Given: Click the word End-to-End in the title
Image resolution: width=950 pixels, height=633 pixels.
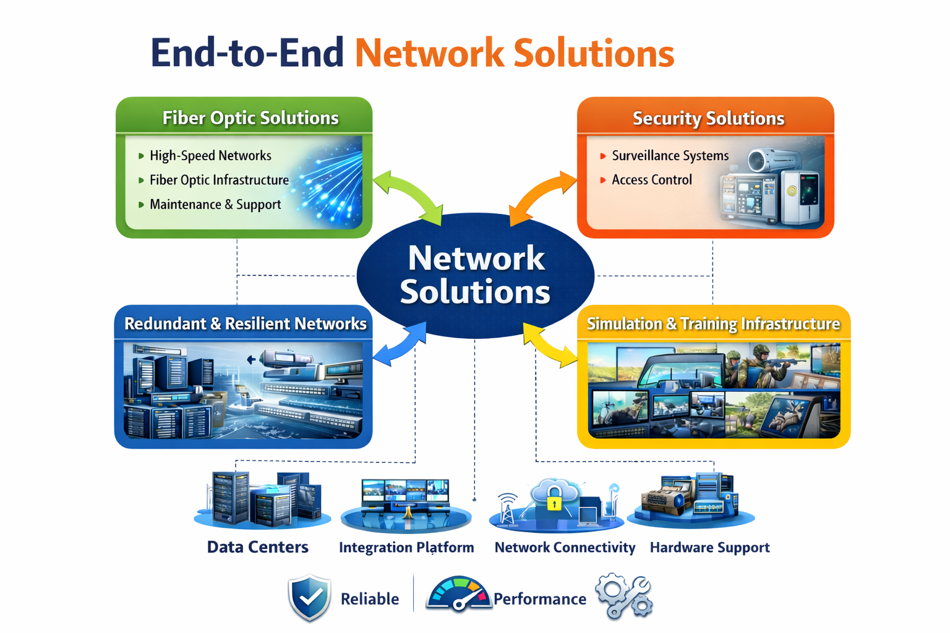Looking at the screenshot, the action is click(247, 53).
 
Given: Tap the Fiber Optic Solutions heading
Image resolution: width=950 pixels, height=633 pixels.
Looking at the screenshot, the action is click(250, 118).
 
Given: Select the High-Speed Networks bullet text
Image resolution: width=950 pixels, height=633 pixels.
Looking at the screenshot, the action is click(210, 156).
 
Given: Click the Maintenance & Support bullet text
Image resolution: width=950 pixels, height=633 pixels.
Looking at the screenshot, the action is click(215, 205).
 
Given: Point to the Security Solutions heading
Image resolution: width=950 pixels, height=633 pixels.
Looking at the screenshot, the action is click(709, 118).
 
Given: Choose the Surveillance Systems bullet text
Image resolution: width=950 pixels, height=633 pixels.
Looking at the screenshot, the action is click(670, 156).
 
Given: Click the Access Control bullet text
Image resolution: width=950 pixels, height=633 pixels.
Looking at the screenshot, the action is click(652, 180).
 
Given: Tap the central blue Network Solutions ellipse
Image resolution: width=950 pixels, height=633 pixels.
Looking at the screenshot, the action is click(476, 276).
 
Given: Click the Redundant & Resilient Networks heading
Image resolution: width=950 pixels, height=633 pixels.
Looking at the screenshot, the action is click(245, 323).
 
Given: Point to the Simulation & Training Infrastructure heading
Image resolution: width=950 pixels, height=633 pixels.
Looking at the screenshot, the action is click(713, 324).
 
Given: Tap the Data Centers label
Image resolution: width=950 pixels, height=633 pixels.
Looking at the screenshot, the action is click(258, 547).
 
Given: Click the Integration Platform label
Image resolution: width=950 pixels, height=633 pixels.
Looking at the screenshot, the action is click(406, 547).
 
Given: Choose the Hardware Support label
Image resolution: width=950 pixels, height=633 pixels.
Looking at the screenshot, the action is click(710, 547).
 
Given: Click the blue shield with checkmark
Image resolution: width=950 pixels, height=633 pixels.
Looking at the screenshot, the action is click(310, 598).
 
